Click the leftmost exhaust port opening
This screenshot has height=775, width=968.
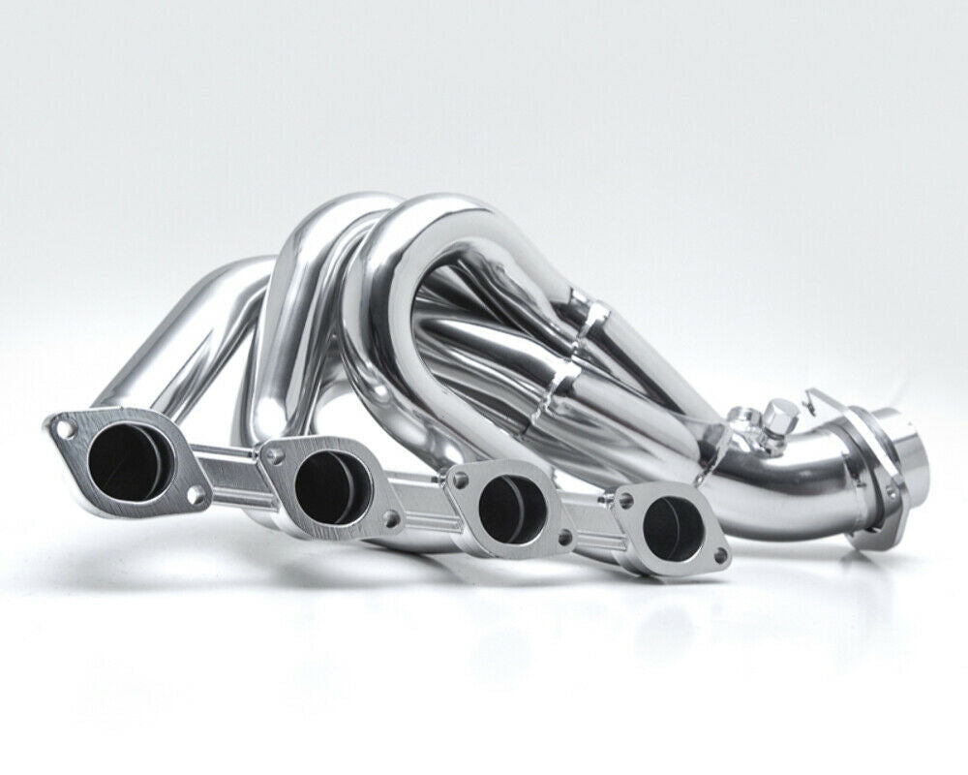(x=123, y=463)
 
